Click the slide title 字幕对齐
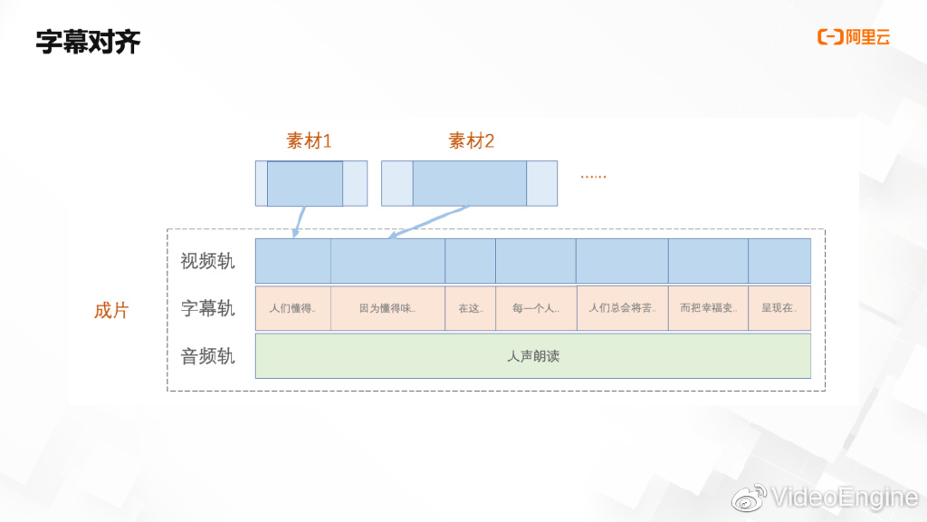point(88,42)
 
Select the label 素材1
point(310,140)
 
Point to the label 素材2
point(472,140)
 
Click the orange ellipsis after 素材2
point(593,176)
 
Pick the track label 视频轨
point(207,261)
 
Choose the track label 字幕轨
point(207,308)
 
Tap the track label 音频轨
point(207,355)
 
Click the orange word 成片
point(111,310)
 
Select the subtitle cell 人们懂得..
point(292,308)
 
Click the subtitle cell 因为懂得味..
point(387,308)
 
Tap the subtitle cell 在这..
point(470,308)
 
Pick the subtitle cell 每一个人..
point(535,308)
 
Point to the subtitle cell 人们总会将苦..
point(622,308)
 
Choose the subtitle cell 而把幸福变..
point(708,308)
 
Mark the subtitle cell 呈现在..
point(779,308)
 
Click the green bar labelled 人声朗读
point(532,356)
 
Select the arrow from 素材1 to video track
point(300,222)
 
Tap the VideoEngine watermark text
point(843,497)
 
